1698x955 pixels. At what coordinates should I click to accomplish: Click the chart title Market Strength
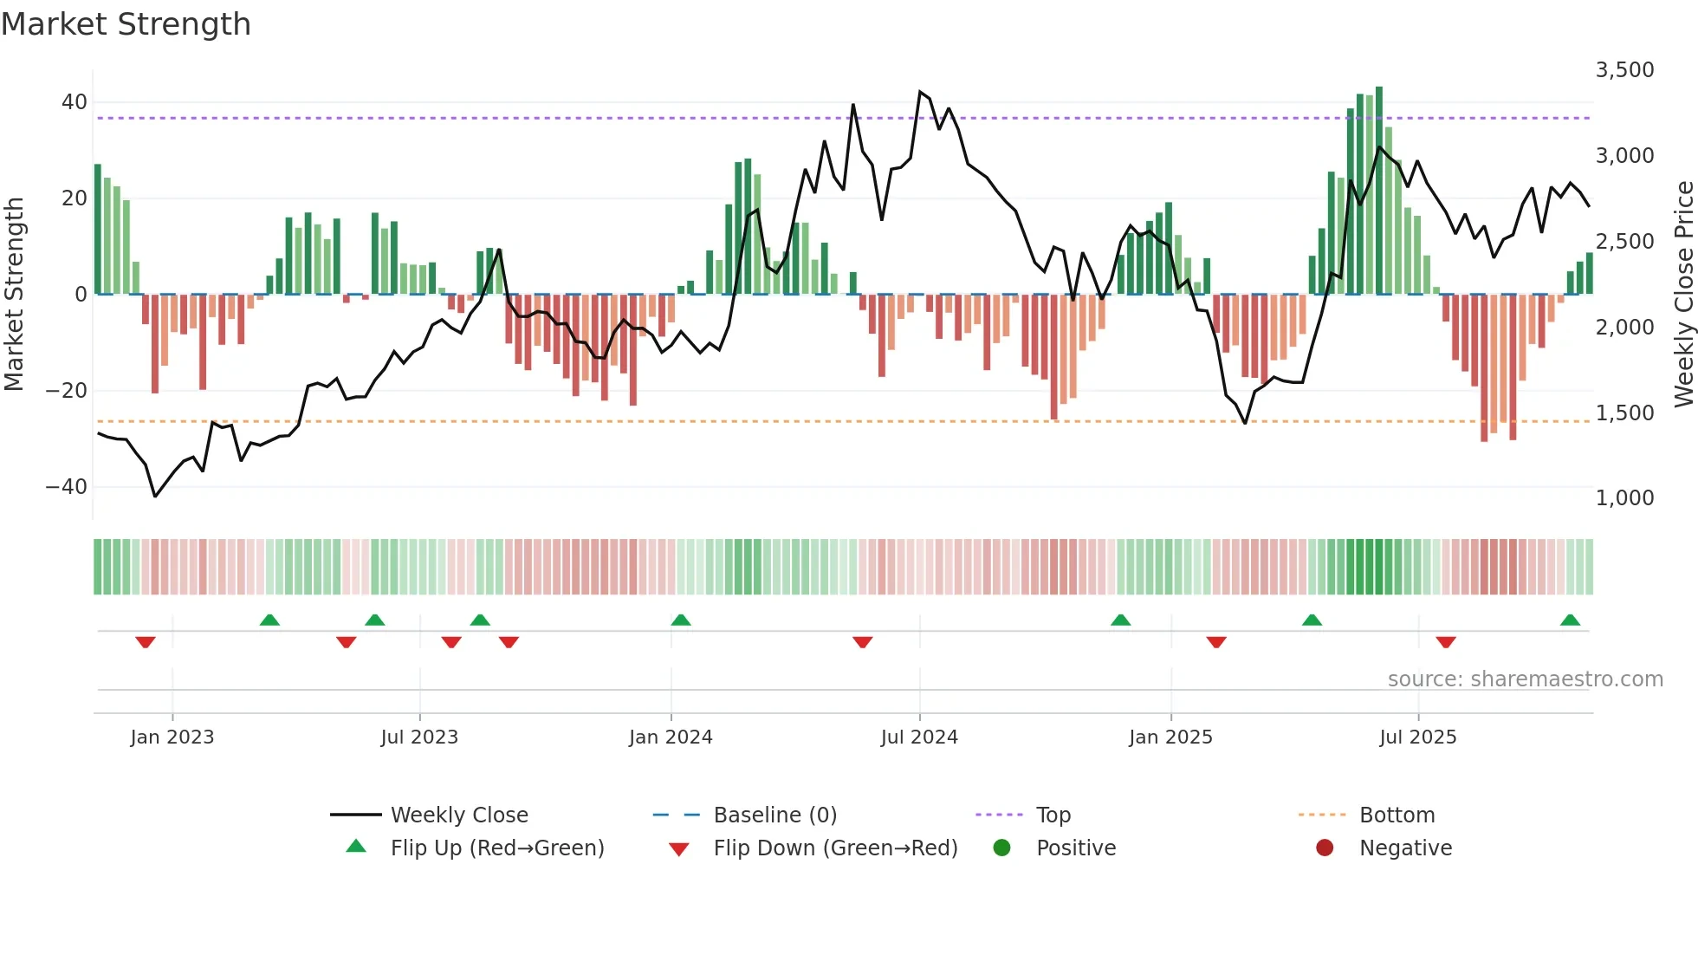click(126, 24)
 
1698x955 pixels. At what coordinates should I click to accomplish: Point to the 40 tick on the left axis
click(75, 102)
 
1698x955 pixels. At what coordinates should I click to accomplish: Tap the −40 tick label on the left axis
click(67, 487)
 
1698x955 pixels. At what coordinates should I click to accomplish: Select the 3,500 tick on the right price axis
click(1624, 70)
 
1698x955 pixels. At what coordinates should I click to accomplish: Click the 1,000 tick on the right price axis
click(1624, 498)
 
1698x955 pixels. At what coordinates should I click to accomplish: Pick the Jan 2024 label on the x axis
click(671, 737)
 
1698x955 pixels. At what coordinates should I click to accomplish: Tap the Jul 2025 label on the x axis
click(1417, 737)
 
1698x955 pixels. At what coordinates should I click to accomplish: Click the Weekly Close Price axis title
click(1683, 295)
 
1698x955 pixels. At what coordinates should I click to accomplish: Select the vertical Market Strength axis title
click(14, 295)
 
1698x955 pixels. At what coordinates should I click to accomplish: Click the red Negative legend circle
click(1325, 848)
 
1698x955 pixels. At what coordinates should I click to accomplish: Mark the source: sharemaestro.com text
click(1525, 679)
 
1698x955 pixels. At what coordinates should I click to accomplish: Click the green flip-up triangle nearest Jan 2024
click(681, 620)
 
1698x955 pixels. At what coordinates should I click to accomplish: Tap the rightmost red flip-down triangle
click(1445, 642)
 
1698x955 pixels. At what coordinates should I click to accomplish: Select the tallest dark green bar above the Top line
click(1379, 191)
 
